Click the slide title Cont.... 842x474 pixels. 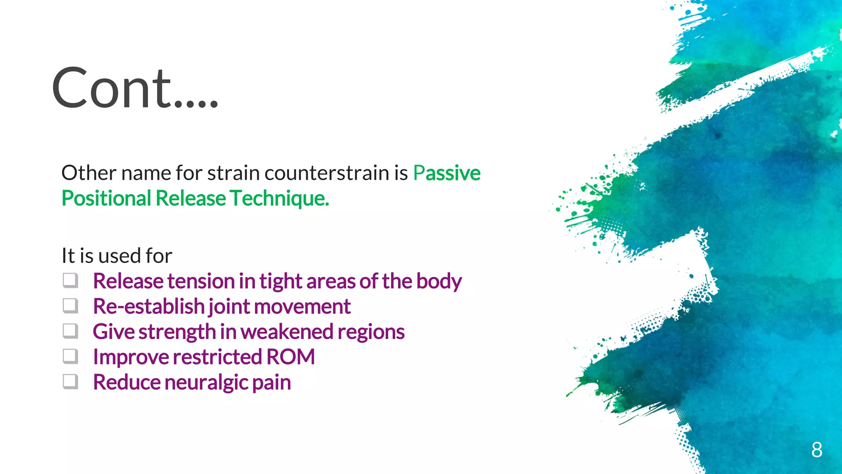[134, 88]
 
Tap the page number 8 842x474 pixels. [817, 450]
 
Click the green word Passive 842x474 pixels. [446, 173]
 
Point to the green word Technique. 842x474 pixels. [279, 198]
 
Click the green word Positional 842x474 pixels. [106, 198]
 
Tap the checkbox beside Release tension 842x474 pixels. [70, 281]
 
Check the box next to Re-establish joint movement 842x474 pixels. [70, 306]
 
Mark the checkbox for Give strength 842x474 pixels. [70, 331]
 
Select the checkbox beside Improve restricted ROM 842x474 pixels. [70, 357]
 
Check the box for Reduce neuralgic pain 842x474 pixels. [70, 382]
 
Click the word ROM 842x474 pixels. [290, 357]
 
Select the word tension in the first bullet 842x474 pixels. [201, 281]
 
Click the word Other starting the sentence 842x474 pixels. [88, 173]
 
